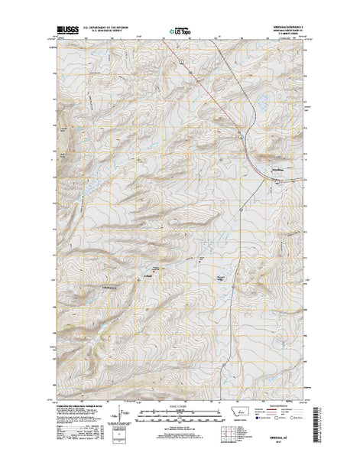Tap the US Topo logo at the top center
click(180, 32)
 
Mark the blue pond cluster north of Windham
click(262, 102)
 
